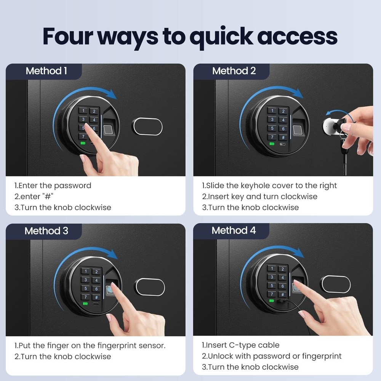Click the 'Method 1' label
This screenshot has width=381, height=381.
[x=46, y=71]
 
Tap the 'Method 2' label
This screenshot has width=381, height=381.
[x=234, y=71]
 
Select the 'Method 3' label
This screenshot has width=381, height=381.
[x=46, y=231]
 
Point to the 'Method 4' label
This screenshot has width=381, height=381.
[x=234, y=231]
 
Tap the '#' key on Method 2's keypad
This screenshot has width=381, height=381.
[x=283, y=138]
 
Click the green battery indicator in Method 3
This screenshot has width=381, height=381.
[x=85, y=304]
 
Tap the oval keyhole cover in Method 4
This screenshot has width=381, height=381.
[x=336, y=284]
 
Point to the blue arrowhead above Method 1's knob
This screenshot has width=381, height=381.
[x=112, y=94]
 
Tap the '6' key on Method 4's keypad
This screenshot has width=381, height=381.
[x=283, y=286]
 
